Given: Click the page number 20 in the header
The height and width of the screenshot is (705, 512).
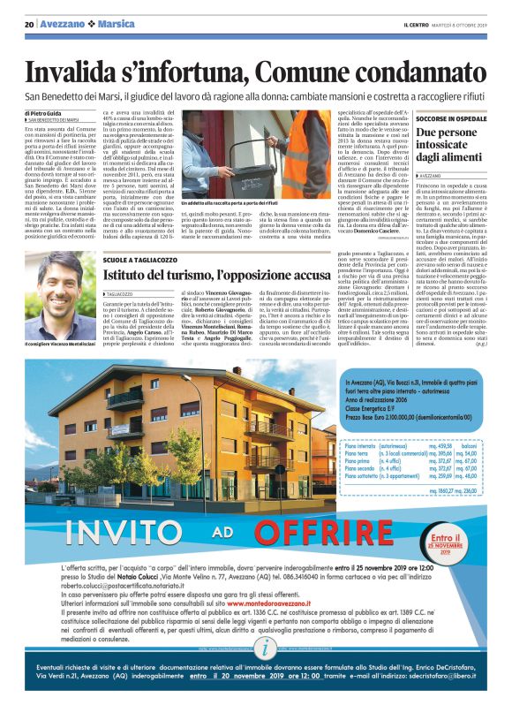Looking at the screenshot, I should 29,25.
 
